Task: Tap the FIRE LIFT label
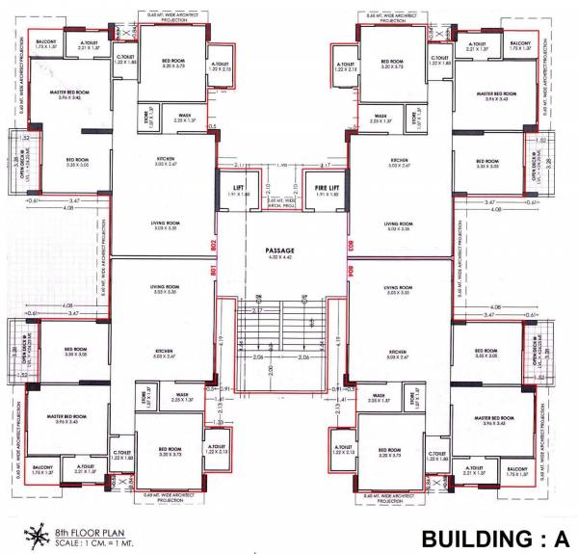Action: tap(322, 186)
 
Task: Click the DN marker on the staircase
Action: tap(258, 297)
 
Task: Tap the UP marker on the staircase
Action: tap(304, 297)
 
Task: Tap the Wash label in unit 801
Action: tap(182, 394)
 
